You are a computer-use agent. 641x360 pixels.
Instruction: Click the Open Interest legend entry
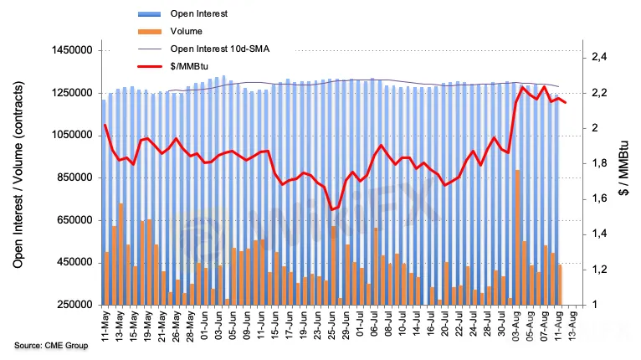[197, 13]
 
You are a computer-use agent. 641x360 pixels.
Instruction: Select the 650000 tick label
[70, 220]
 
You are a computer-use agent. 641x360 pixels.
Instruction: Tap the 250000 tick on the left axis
[70, 306]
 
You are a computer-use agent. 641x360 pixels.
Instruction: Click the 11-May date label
[106, 328]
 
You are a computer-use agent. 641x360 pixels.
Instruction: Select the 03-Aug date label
[518, 328]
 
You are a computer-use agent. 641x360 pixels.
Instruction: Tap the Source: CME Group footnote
[50, 346]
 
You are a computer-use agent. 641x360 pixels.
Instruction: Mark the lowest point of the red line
[332, 209]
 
